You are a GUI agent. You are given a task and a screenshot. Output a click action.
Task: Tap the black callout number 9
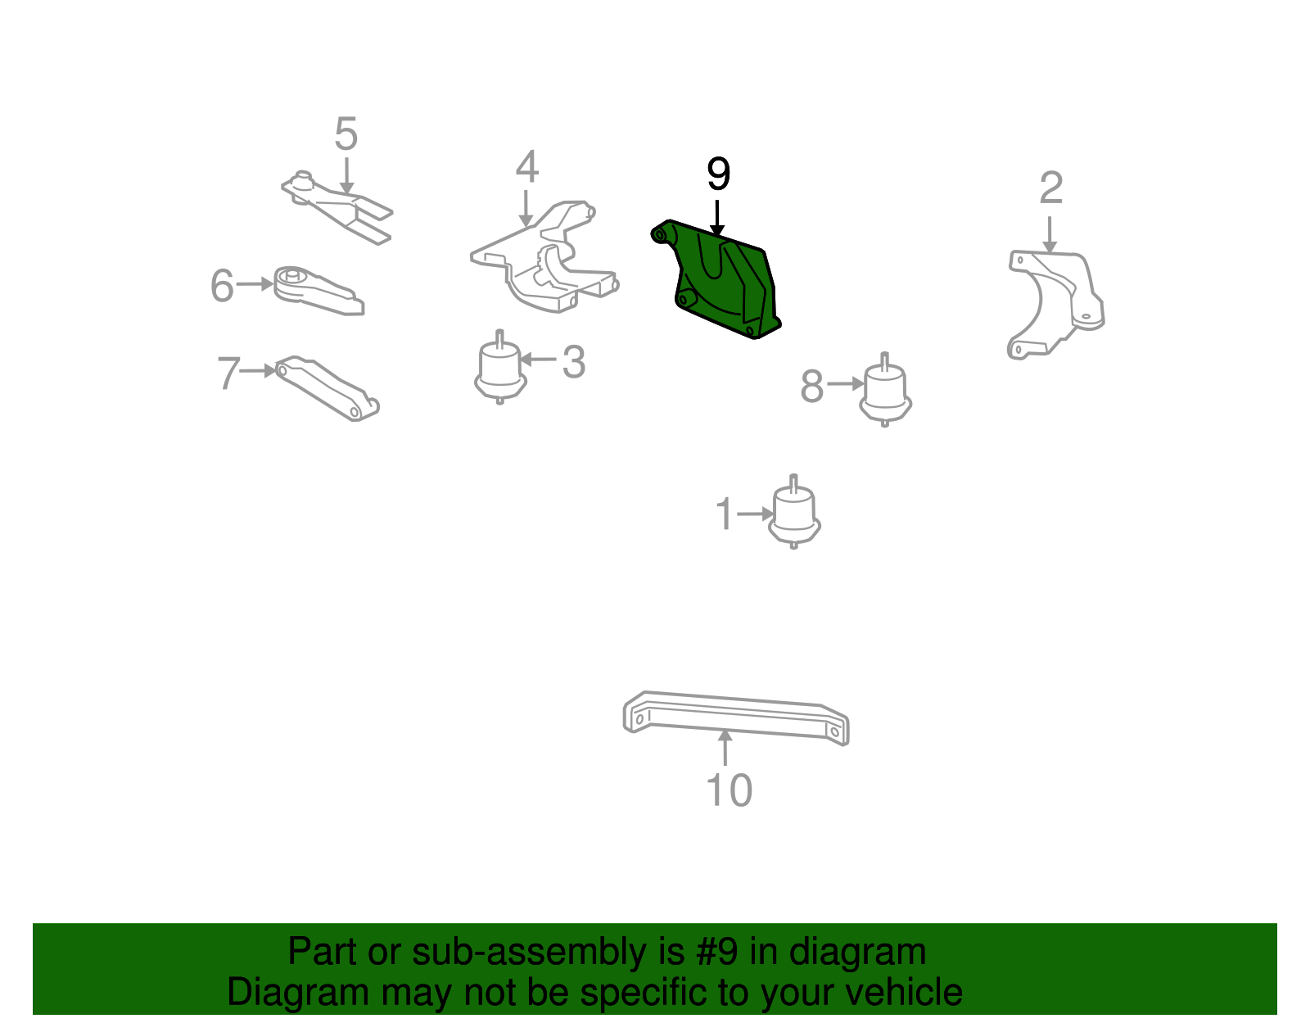click(x=718, y=174)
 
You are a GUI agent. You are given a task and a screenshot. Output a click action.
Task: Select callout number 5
click(x=346, y=134)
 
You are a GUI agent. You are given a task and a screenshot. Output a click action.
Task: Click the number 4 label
click(x=526, y=167)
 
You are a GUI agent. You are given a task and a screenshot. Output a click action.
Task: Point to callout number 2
click(x=1050, y=188)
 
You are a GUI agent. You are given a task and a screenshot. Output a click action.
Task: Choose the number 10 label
click(x=729, y=790)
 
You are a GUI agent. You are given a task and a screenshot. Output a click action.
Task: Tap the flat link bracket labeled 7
click(x=327, y=388)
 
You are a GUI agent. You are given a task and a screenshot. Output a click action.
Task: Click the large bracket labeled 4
click(x=544, y=262)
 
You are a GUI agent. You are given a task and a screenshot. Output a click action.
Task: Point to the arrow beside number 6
click(x=255, y=284)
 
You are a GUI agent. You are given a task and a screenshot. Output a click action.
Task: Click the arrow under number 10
click(x=725, y=747)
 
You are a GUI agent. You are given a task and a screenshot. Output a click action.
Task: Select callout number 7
click(x=228, y=373)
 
